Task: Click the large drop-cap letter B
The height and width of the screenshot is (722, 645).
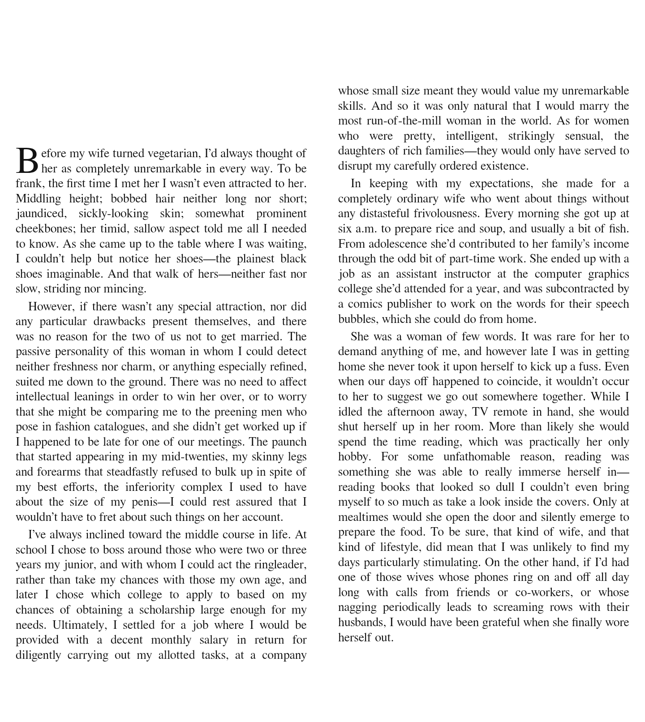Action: (27, 160)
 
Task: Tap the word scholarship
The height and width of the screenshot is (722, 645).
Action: (167, 610)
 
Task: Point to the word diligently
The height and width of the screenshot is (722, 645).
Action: (38, 655)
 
